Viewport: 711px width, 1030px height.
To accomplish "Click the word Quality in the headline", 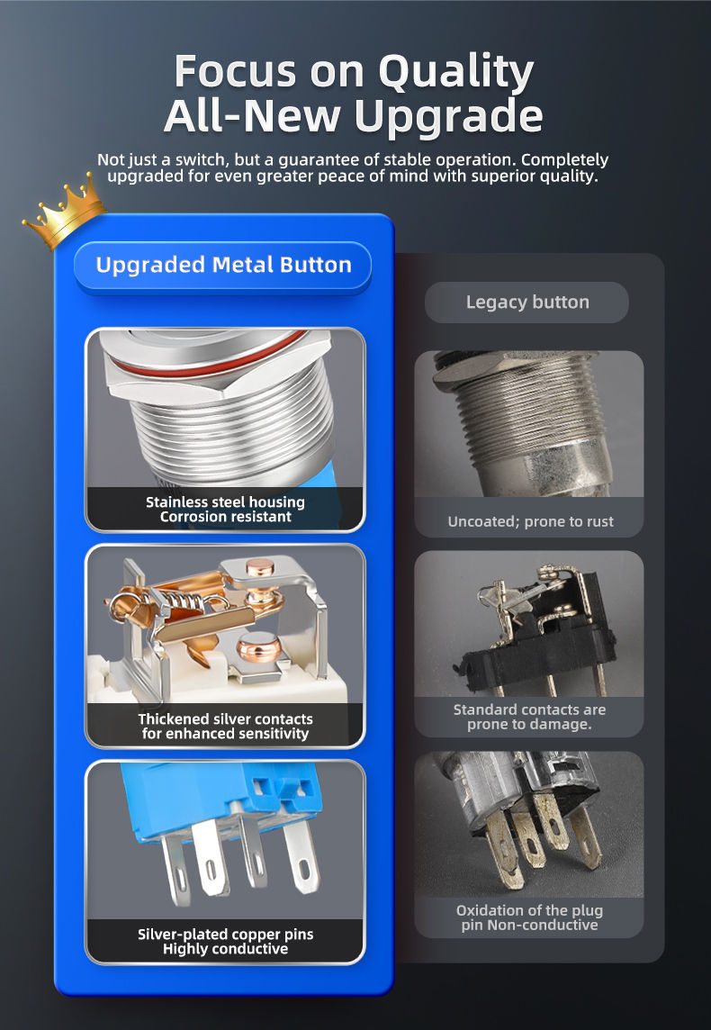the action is pos(456,72).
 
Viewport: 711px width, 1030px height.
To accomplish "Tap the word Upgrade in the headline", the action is pos(449,117).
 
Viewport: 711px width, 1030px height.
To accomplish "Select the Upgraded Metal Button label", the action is pos(223,266).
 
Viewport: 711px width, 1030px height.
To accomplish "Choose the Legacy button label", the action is pos(527,303).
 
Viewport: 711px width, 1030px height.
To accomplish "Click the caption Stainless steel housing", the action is pos(225,501).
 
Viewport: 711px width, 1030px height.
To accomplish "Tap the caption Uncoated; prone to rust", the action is pos(530,521).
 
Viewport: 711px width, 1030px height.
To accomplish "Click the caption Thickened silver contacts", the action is pos(225,718).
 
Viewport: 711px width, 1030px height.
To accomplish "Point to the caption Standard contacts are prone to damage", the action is pos(529,717).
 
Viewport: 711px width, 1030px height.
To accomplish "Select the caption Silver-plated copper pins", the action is pos(225,934).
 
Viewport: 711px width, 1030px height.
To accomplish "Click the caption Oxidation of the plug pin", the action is pos(529,917).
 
